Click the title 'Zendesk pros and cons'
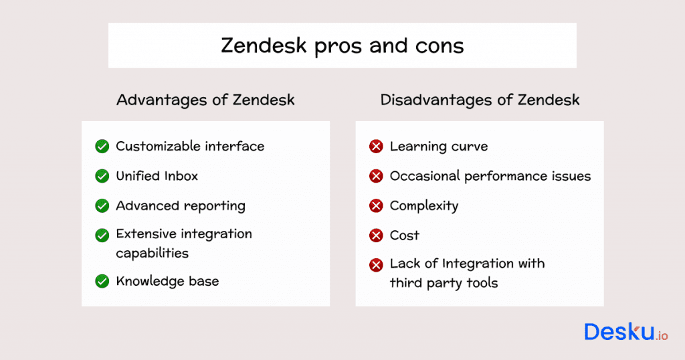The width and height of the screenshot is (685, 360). [x=342, y=46]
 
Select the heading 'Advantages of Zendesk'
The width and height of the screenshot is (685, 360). [x=205, y=100]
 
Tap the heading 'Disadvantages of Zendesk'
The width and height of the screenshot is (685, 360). [x=480, y=100]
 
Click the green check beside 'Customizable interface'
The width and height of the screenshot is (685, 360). [x=102, y=146]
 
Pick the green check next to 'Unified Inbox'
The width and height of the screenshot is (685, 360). [x=102, y=176]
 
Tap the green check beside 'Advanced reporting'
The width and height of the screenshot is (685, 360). [x=102, y=205]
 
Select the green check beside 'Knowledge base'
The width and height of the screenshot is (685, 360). [x=102, y=281]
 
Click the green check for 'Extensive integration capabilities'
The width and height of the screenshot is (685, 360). [x=102, y=235]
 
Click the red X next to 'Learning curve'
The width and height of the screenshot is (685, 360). [x=376, y=146]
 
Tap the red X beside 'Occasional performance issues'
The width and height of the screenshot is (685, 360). [x=376, y=176]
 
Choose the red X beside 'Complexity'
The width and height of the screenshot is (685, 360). [x=376, y=205]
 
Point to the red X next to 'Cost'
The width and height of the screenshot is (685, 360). [x=376, y=235]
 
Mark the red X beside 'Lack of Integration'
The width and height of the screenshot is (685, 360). [x=376, y=264]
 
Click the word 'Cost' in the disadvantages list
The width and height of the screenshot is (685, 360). [x=405, y=235]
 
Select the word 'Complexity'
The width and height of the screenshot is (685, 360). [x=424, y=206]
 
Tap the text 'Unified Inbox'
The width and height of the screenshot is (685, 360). [x=157, y=176]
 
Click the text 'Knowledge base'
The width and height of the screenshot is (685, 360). [x=167, y=281]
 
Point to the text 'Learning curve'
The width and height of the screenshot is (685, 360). [x=439, y=146]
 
